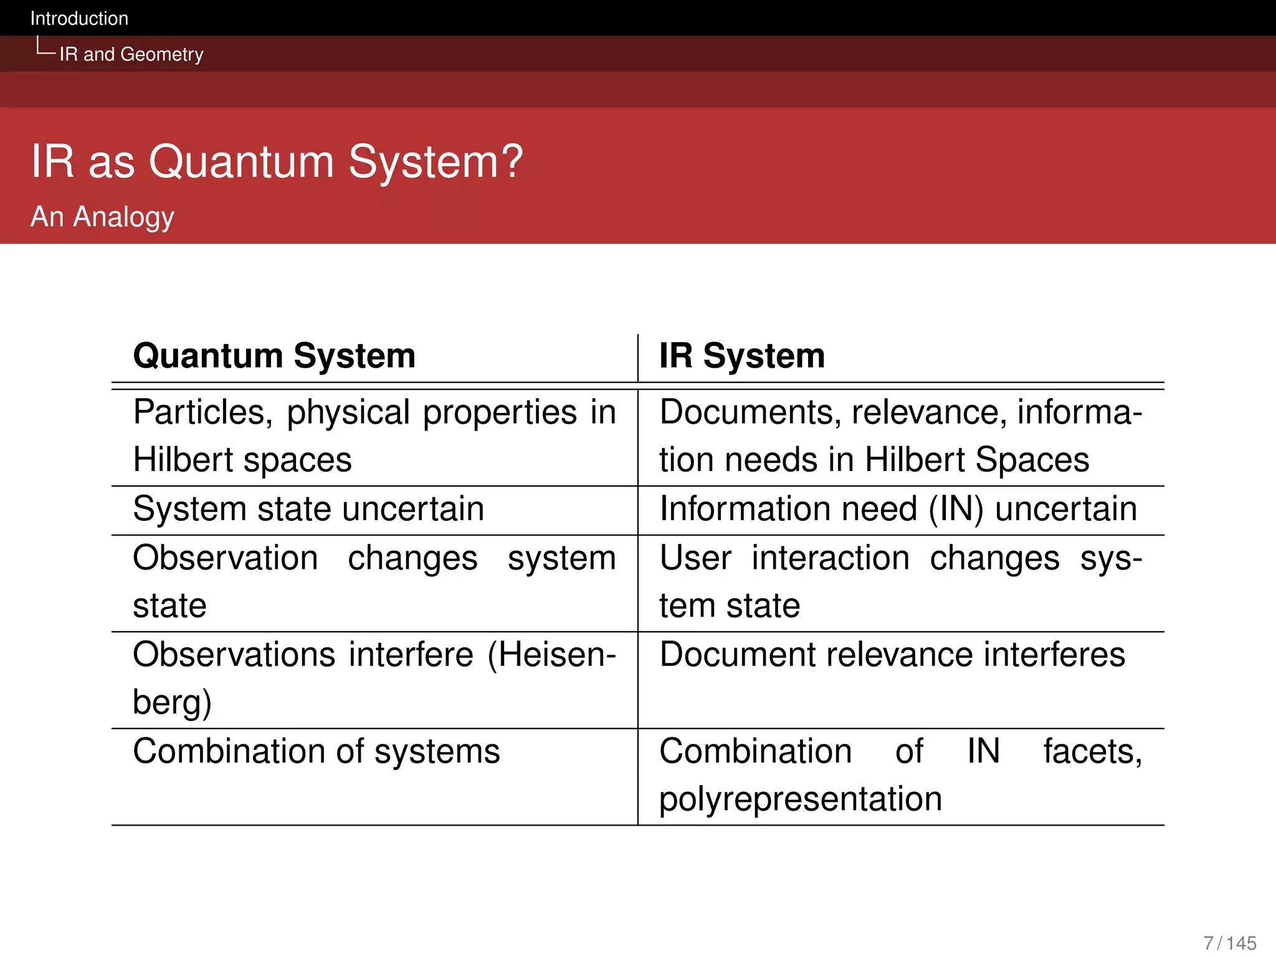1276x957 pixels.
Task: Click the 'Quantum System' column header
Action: [274, 356]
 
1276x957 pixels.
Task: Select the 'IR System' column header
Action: [741, 356]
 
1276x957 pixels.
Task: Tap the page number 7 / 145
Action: [1229, 943]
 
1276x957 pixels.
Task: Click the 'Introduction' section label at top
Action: [79, 19]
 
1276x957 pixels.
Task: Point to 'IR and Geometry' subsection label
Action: [131, 55]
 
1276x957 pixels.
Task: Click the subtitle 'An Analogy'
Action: [102, 217]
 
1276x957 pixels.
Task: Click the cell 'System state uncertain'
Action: [308, 509]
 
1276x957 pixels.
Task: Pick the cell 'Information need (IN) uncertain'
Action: [898, 509]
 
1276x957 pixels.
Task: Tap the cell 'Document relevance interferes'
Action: [892, 655]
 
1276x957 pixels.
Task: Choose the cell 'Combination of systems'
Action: [316, 751]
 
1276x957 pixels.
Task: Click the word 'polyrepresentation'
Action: [800, 799]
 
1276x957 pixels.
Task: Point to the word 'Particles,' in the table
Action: [203, 413]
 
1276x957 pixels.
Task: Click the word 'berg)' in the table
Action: [172, 703]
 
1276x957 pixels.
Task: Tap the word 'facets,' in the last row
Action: [1092, 751]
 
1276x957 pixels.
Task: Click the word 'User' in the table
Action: [695, 558]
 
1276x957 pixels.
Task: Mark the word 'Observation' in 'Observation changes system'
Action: [226, 558]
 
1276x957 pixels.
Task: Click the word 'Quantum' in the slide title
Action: [241, 162]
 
